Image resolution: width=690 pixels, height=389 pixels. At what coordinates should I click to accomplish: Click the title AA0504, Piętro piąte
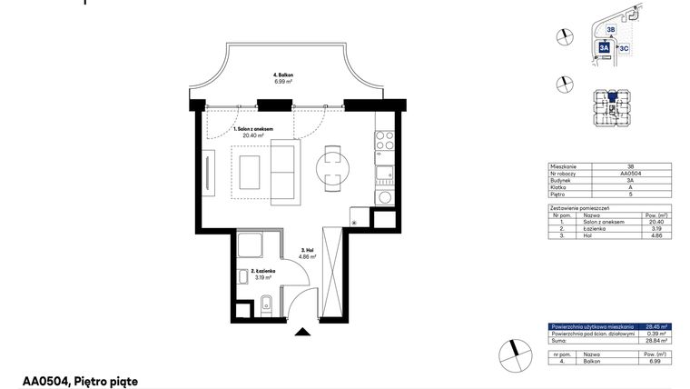pyautogui.click(x=81, y=382)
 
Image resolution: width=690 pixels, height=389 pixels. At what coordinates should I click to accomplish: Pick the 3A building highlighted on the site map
pyautogui.click(x=605, y=48)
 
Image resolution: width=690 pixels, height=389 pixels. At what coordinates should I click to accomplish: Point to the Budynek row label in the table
pyautogui.click(x=561, y=180)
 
